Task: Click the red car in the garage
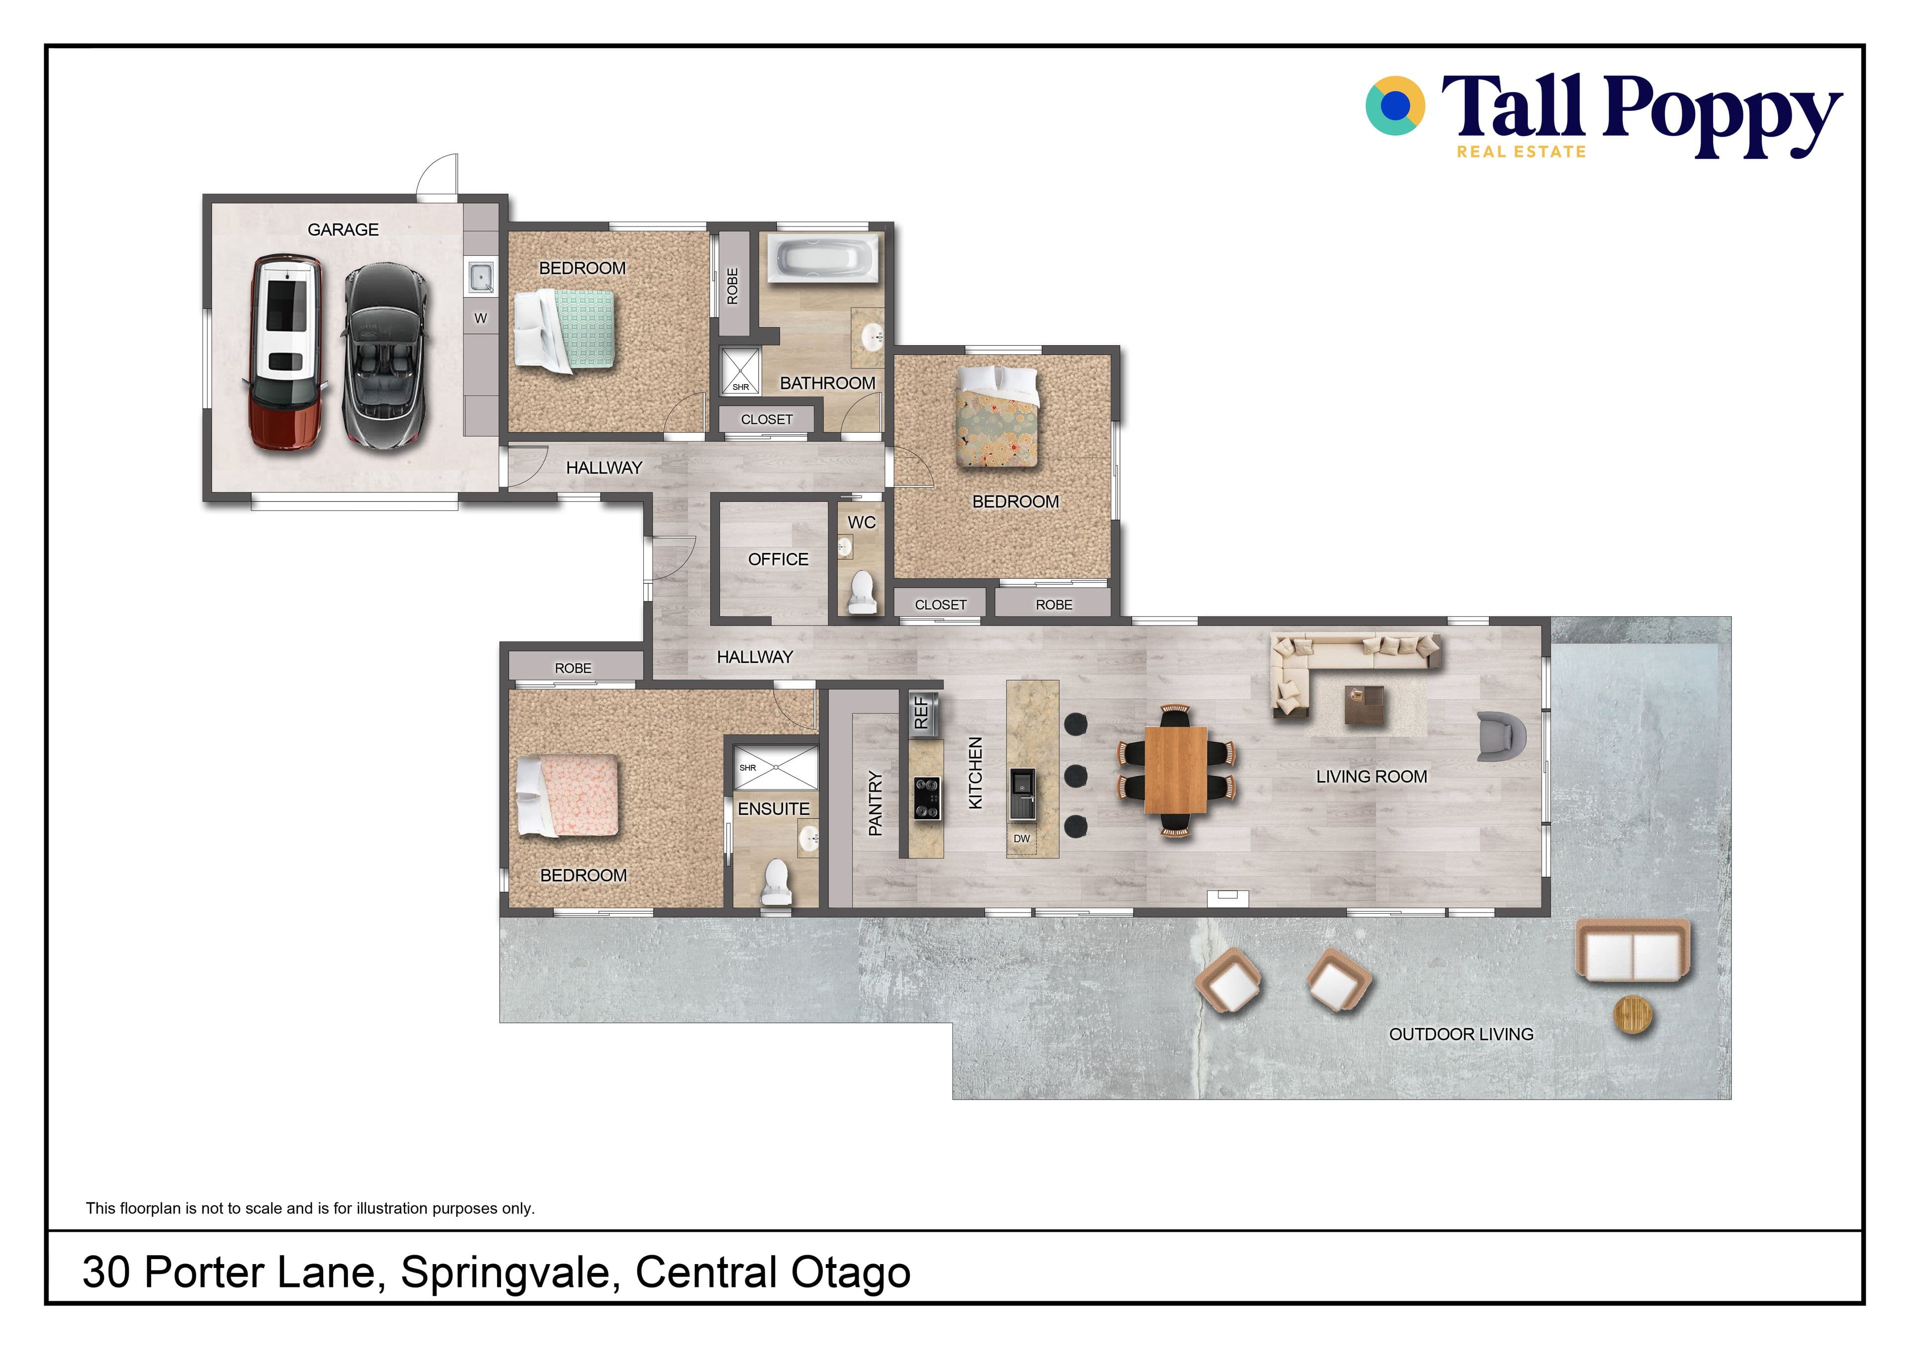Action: pyautogui.click(x=285, y=353)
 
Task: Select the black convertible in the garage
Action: pyautogui.click(x=387, y=357)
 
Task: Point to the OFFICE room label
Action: pyautogui.click(x=778, y=559)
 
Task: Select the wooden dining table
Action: pyautogui.click(x=1176, y=770)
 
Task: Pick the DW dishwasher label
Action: pyautogui.click(x=1022, y=839)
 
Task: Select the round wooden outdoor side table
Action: pyautogui.click(x=1633, y=1015)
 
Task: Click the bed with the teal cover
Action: pyautogui.click(x=565, y=329)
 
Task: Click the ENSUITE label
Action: pyautogui.click(x=773, y=809)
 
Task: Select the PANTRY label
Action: pyautogui.click(x=874, y=803)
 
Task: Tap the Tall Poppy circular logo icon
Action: pyautogui.click(x=1395, y=105)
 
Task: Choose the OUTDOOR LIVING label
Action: pyautogui.click(x=1461, y=1034)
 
